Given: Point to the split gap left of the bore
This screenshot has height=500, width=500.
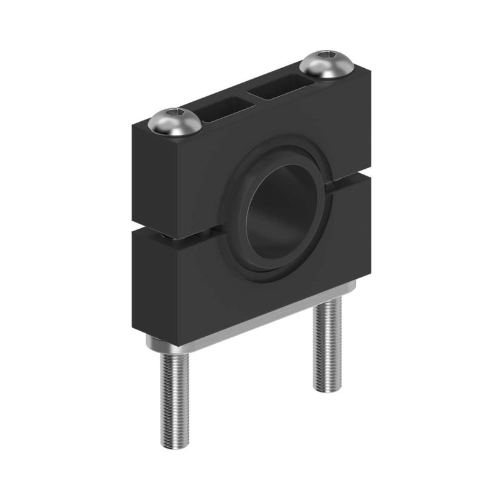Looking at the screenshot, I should [181, 235].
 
